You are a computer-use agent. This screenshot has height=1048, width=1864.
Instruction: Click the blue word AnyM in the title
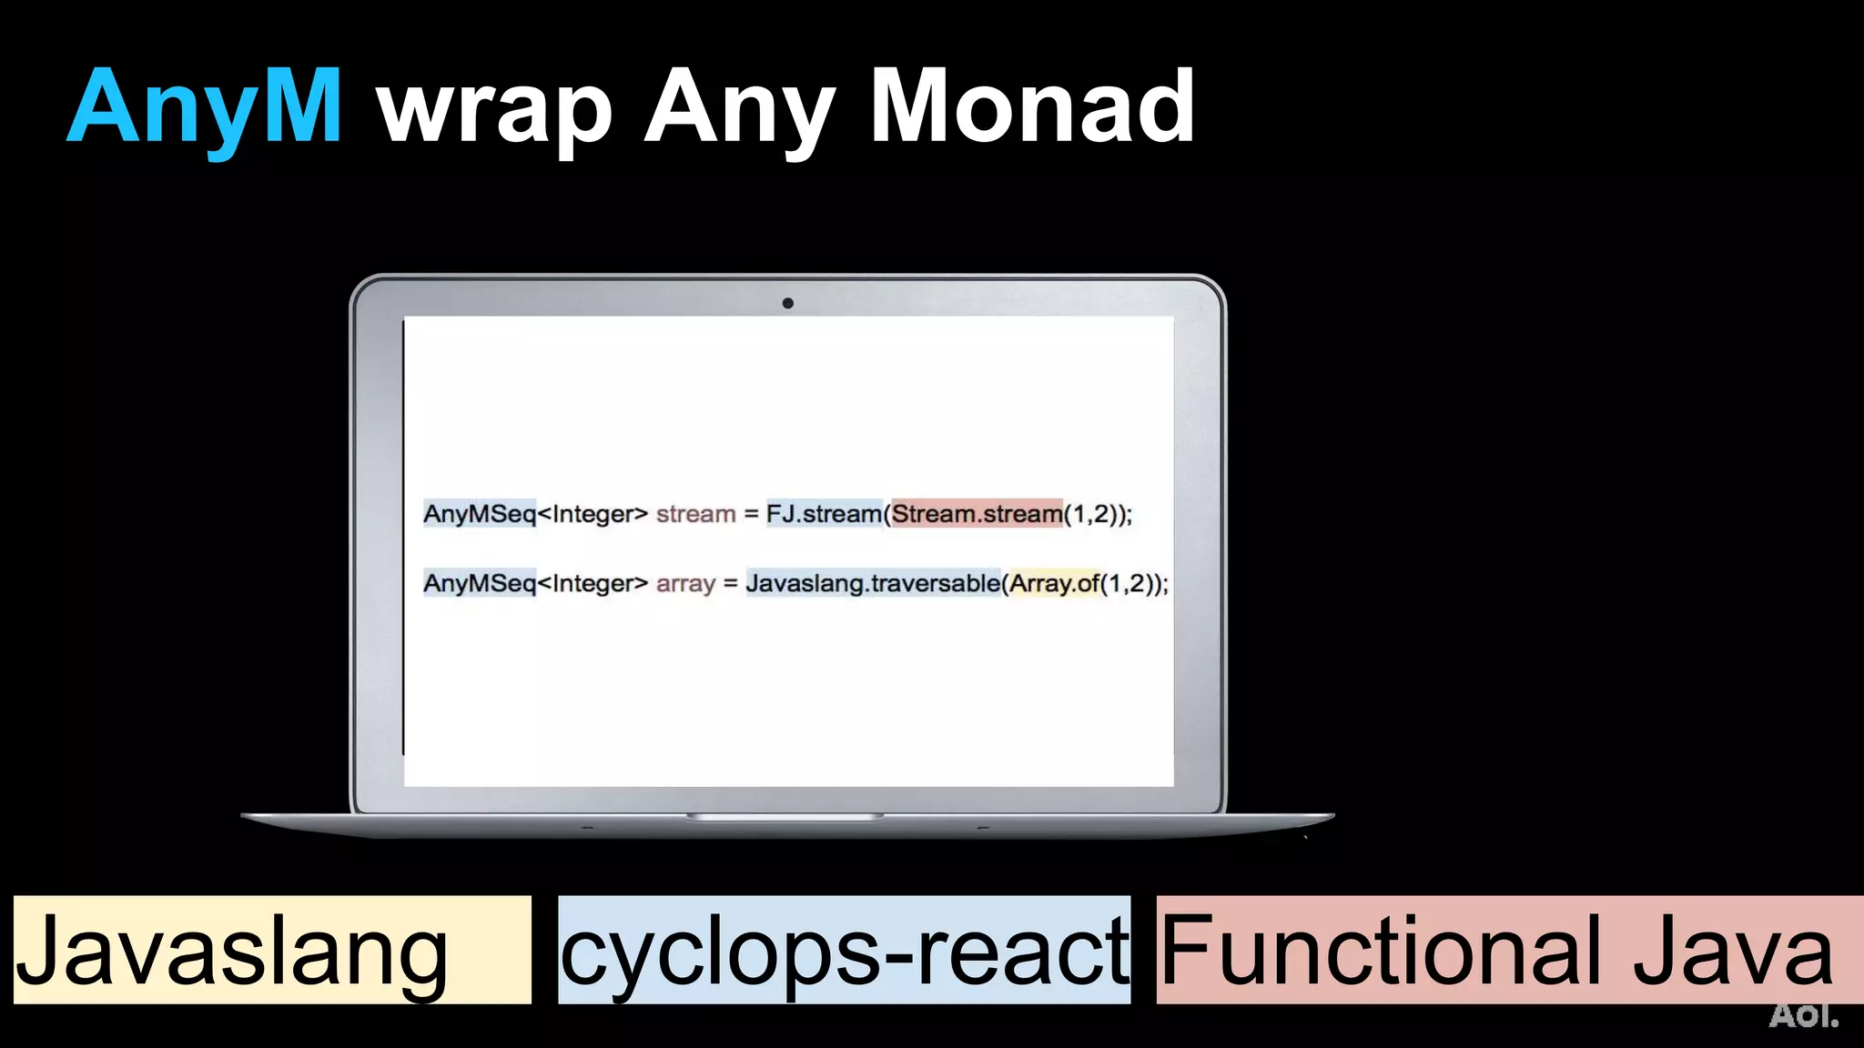point(205,107)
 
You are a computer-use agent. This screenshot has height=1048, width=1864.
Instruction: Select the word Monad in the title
point(1032,107)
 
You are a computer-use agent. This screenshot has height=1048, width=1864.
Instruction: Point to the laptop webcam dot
point(787,303)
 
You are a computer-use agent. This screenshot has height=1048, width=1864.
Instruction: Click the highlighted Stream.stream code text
point(977,514)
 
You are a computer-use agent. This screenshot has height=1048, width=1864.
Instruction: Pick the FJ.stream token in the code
point(824,514)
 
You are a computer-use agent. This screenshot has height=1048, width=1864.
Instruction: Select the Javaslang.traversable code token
point(872,583)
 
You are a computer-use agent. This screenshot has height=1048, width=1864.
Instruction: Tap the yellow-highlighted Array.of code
point(1054,583)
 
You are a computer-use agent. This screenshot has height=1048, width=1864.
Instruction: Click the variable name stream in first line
point(695,514)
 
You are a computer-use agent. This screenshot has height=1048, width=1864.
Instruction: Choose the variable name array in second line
point(685,584)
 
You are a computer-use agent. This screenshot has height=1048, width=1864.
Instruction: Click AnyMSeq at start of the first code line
point(480,514)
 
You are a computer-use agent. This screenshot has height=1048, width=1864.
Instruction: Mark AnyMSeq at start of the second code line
point(480,583)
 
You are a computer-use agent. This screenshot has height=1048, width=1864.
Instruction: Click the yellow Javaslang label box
point(271,950)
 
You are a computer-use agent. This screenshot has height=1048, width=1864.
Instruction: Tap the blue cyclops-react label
point(844,950)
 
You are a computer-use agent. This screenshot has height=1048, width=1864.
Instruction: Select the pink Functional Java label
point(1509,950)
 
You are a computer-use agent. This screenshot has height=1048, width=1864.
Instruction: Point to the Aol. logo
point(1803,1015)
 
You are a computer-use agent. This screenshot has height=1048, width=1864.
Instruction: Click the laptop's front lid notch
point(785,816)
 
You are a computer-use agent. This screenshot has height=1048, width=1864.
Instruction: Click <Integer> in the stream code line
point(593,514)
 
